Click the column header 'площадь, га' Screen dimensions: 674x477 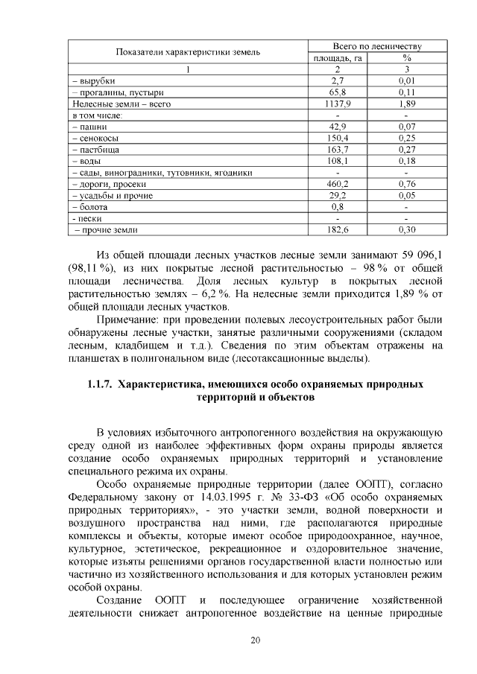pyautogui.click(x=337, y=57)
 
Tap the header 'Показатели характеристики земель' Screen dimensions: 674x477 pyautogui.click(x=187, y=51)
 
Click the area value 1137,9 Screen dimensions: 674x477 pyautogui.click(x=337, y=104)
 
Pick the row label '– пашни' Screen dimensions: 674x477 pyautogui.click(x=89, y=127)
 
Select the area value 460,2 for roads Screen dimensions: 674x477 pyautogui.click(x=337, y=184)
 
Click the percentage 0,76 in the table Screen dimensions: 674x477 pyautogui.click(x=407, y=184)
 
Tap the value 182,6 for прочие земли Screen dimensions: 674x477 pyautogui.click(x=337, y=230)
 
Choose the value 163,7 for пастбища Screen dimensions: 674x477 pyautogui.click(x=337, y=150)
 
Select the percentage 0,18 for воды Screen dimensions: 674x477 pyautogui.click(x=407, y=161)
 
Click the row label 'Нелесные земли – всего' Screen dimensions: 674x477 pyautogui.click(x=121, y=104)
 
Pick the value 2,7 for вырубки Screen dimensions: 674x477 pyautogui.click(x=337, y=81)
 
